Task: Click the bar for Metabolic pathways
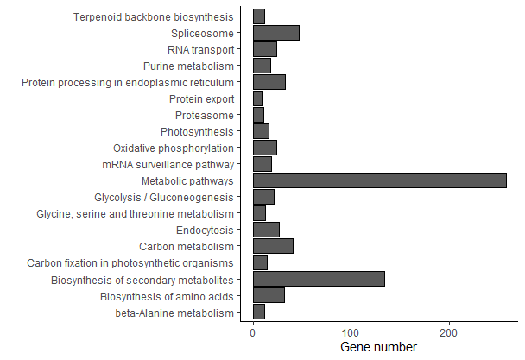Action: coord(379,180)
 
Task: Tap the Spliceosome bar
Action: coord(275,33)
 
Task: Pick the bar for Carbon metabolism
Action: coord(273,246)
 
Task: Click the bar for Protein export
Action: coord(258,98)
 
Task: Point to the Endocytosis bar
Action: coord(266,230)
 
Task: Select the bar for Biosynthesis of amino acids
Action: coord(269,295)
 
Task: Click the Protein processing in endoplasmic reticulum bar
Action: coord(269,82)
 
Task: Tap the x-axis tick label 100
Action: coord(351,332)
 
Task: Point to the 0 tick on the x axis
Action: coord(253,332)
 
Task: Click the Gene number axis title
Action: coord(379,347)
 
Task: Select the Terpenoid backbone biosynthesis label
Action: coord(153,16)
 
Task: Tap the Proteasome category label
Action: coord(204,115)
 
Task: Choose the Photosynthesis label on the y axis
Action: coord(197,131)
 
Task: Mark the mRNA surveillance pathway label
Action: coord(167,164)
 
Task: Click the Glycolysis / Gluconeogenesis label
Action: coord(164,197)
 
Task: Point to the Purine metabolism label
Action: coord(188,66)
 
